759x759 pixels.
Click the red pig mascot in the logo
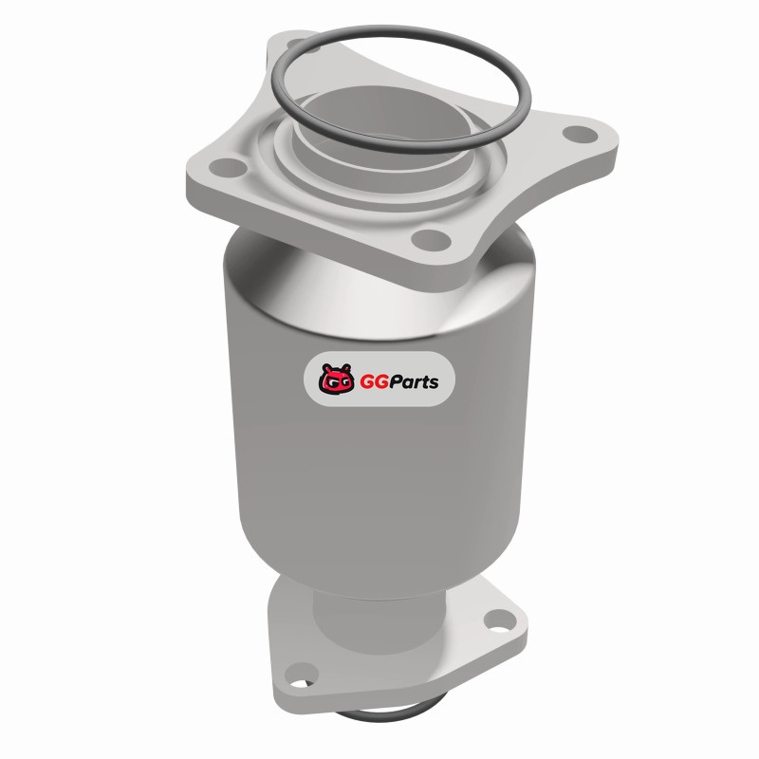coord(336,378)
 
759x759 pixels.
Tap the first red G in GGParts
coord(367,381)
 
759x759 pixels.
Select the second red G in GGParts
coord(382,381)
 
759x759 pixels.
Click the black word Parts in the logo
coord(415,381)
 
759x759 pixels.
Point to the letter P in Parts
coord(397,381)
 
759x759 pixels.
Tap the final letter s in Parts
coord(434,383)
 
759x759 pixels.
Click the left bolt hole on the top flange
coord(228,167)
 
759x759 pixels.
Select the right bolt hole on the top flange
coord(581,134)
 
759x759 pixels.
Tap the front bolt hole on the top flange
coord(431,240)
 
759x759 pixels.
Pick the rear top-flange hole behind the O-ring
coord(296,45)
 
